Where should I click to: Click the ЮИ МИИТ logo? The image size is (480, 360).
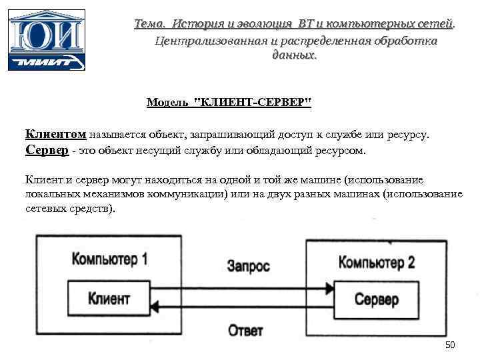pos(46,39)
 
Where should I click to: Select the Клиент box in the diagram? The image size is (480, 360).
pos(109,298)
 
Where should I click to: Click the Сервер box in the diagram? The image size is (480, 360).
pos(376,299)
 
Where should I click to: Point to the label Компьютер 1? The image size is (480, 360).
pos(109,259)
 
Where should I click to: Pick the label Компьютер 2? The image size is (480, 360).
pos(377,261)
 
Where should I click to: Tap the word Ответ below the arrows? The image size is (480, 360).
pos(245,330)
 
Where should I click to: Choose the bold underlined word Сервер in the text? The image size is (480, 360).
pos(47,150)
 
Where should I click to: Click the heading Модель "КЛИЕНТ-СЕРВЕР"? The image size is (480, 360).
pos(229,103)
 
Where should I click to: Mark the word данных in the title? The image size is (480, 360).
pos(294,55)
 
